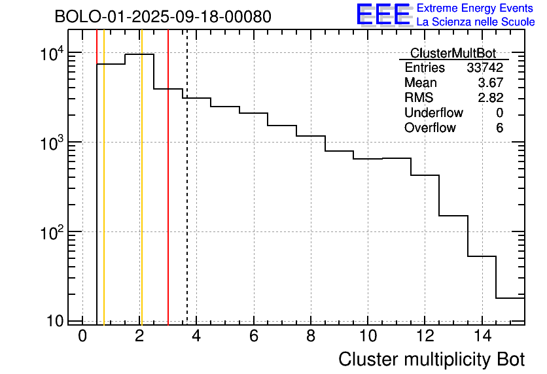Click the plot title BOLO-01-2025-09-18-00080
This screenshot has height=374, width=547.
point(163,17)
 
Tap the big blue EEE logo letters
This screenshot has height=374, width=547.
point(383,14)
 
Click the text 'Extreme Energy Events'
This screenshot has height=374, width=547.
point(476,8)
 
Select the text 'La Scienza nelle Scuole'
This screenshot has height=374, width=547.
point(476,22)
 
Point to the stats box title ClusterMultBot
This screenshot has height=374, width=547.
point(453,53)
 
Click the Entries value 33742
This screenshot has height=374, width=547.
point(485,68)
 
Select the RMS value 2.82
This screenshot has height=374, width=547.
point(491,98)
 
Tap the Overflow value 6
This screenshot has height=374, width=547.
point(499,128)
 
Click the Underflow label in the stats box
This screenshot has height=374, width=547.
point(434,113)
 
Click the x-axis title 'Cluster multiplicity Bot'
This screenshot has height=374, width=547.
point(431,359)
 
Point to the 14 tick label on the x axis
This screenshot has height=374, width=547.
point(482,337)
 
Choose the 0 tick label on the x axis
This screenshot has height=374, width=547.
point(82,337)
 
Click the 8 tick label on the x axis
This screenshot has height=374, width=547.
point(311,337)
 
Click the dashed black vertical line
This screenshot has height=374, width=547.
point(187,196)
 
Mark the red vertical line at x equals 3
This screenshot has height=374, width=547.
point(168,196)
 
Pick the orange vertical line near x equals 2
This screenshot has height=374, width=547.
point(141,196)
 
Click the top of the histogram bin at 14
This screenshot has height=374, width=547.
point(482,256)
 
